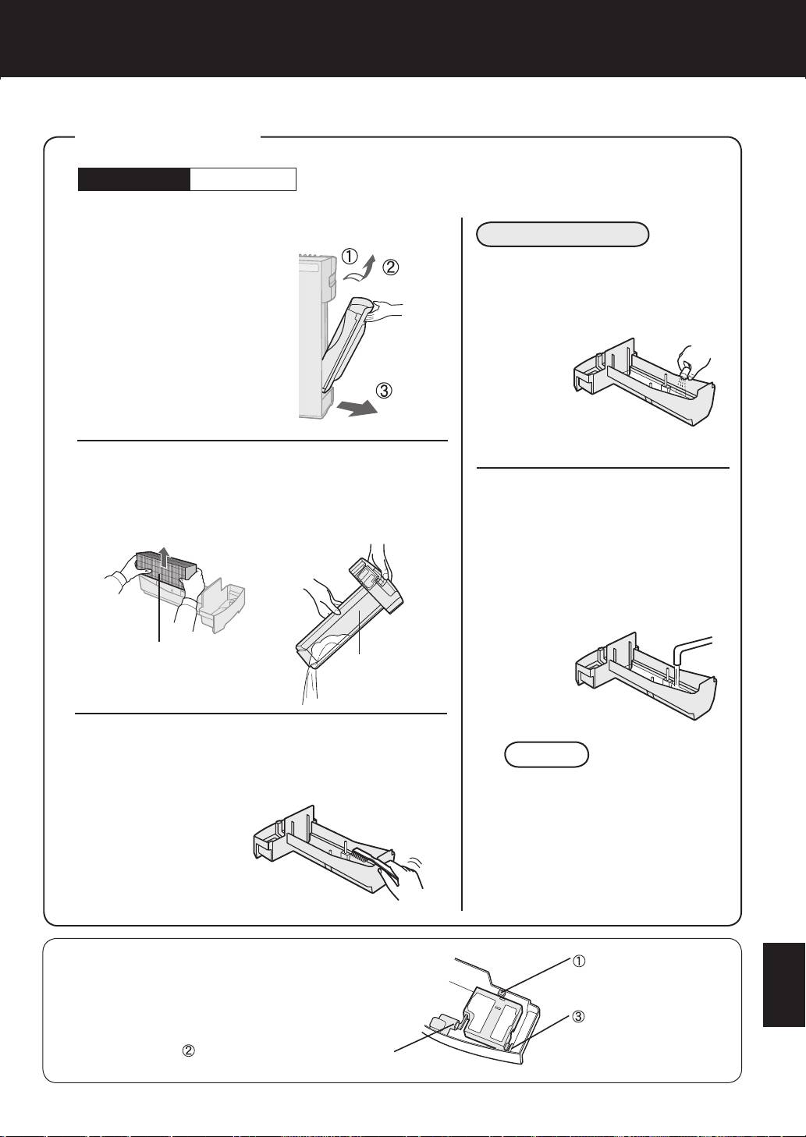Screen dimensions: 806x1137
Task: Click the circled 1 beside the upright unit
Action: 350,257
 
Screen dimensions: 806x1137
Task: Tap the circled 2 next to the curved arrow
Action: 390,267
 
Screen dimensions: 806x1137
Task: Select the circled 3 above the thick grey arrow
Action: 383,391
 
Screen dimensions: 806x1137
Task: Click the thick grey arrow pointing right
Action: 357,407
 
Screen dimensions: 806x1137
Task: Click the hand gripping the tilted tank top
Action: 386,310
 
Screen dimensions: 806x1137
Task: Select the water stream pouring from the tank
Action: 310,685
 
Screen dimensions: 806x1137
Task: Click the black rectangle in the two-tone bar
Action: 134,179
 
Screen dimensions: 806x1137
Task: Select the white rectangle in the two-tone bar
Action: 243,179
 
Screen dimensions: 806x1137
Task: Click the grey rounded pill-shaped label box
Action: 563,234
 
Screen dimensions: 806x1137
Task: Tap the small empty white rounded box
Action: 546,755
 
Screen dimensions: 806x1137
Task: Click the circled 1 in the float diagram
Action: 578,961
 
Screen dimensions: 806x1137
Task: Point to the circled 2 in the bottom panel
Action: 188,1050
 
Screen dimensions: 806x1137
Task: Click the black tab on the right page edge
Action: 784,985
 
